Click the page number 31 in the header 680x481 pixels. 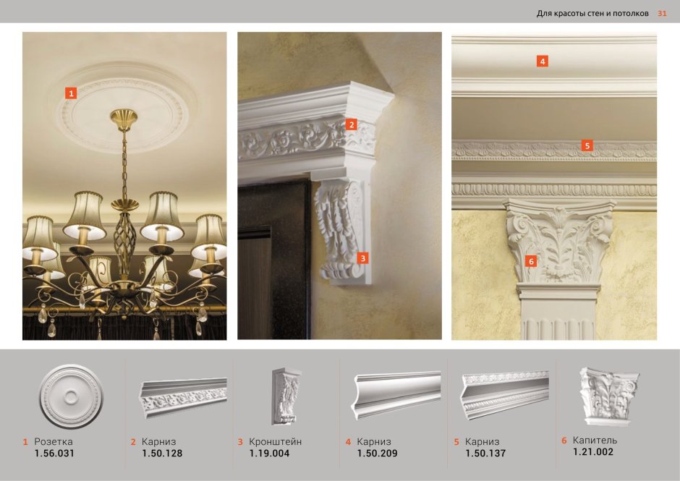pos(662,13)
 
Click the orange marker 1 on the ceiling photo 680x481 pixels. pos(70,93)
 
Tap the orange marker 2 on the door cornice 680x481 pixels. pos(351,124)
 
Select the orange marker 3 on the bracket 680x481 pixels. pos(363,257)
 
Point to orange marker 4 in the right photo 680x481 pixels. pos(542,61)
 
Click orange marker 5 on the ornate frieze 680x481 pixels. pos(587,145)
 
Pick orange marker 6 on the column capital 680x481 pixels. pos(530,261)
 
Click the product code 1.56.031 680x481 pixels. pos(54,454)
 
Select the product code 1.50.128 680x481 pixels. pos(162,454)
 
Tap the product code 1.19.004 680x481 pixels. pos(269,454)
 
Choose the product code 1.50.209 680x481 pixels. pos(377,454)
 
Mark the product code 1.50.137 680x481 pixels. pos(485,454)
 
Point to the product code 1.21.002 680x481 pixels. pos(592,452)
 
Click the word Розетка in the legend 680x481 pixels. pos(54,441)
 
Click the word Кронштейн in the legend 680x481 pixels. pos(275,441)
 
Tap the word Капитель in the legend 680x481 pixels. pos(595,440)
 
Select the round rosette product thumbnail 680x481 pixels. pos(70,396)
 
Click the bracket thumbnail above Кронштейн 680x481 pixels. pos(286,396)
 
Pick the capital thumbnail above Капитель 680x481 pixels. pos(607,395)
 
